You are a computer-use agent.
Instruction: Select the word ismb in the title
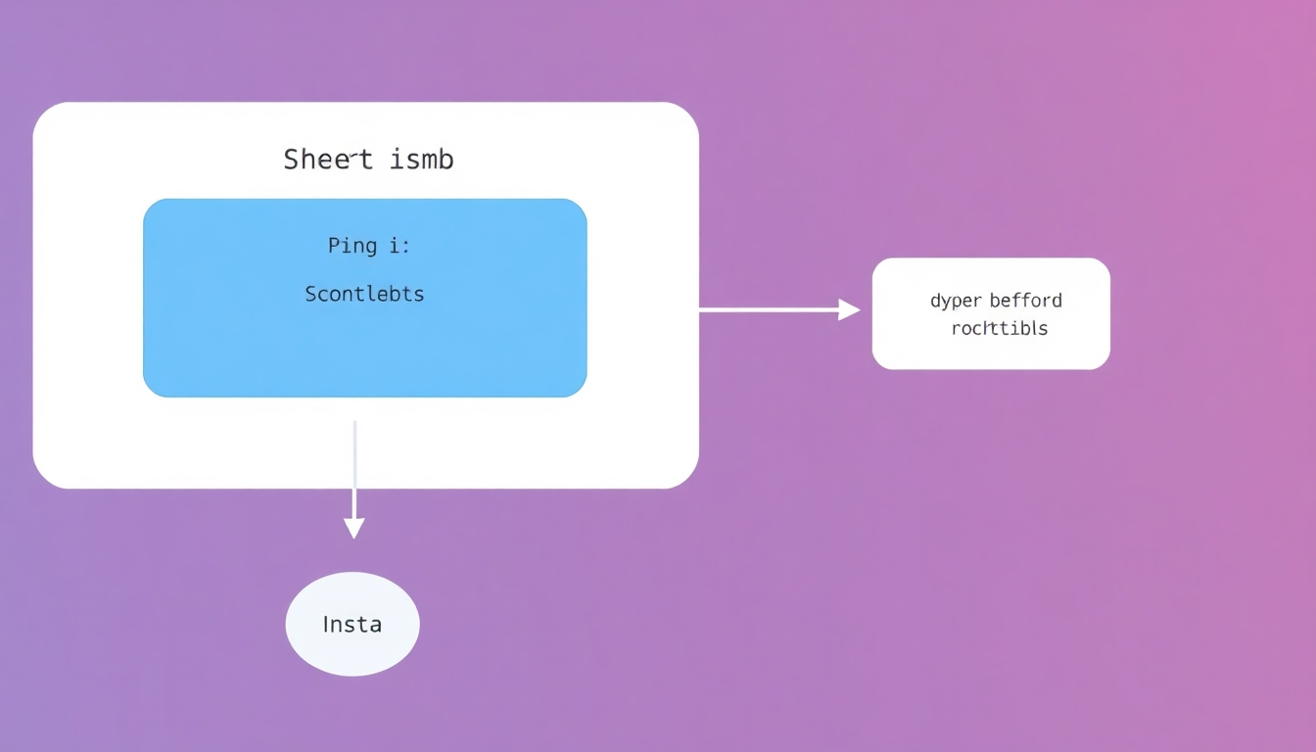422,160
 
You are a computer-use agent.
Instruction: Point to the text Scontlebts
364,294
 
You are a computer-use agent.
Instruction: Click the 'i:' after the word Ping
399,246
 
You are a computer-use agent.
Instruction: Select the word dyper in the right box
955,302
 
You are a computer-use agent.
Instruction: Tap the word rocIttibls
999,329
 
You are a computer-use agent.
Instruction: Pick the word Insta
352,625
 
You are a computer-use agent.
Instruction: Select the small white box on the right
991,348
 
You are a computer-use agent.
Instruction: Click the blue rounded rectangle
364,352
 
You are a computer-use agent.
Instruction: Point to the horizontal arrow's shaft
769,310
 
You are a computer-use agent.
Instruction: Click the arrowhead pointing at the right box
850,310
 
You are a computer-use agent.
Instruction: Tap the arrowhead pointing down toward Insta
354,529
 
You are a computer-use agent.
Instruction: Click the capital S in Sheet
291,160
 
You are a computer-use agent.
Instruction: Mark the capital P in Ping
333,245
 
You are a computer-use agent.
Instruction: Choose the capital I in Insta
327,624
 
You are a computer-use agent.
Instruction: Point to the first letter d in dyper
935,301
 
